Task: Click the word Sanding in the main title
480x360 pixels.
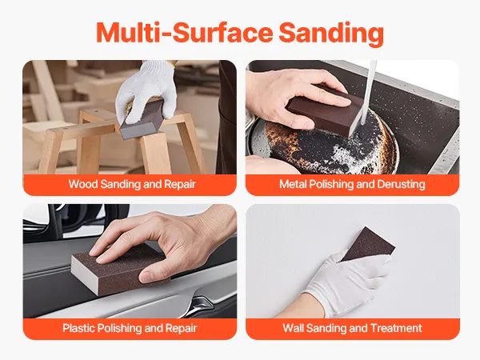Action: click(x=331, y=33)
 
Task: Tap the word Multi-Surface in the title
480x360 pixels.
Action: click(x=184, y=33)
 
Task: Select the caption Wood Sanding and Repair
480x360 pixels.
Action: click(x=132, y=184)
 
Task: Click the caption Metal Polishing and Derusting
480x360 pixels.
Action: click(x=352, y=184)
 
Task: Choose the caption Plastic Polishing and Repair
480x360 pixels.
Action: click(x=130, y=328)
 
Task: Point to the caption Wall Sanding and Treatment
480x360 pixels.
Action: click(x=352, y=328)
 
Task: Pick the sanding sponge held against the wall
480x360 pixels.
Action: click(x=368, y=244)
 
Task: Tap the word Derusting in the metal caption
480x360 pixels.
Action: click(x=401, y=184)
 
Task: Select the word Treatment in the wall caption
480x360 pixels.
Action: click(x=396, y=328)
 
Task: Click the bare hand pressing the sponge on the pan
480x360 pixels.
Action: click(x=294, y=98)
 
